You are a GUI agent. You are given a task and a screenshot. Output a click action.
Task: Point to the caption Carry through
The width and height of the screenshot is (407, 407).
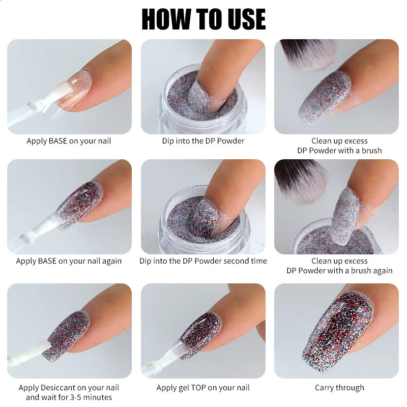tap(339, 388)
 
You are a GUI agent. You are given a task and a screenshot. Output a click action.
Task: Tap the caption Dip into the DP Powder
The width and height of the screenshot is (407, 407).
tap(203, 141)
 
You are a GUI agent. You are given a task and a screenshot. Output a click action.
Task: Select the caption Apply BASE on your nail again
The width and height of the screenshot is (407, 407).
tap(69, 261)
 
